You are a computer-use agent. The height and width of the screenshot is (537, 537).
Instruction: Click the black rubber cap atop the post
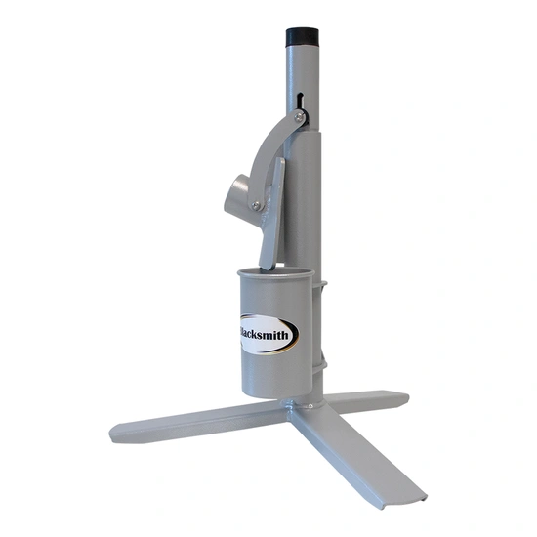click(x=303, y=39)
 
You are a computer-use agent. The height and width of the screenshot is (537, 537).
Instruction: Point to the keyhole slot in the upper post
click(x=300, y=102)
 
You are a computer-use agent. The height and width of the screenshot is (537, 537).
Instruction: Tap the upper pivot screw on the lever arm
click(x=299, y=117)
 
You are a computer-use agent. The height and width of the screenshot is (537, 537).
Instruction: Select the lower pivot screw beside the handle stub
click(x=256, y=205)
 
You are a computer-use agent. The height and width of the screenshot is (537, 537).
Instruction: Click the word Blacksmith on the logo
click(x=264, y=335)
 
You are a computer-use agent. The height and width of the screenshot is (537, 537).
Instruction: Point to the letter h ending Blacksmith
click(x=285, y=334)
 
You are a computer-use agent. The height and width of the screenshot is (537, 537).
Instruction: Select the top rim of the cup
click(x=275, y=272)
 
